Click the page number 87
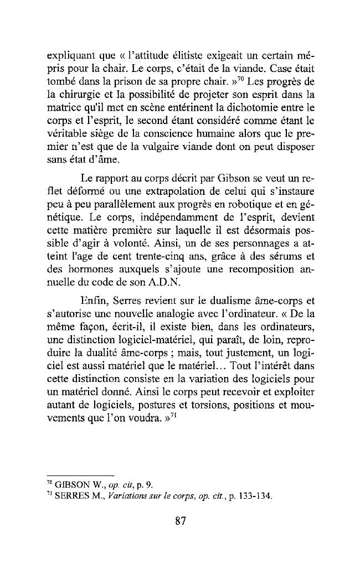179,521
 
